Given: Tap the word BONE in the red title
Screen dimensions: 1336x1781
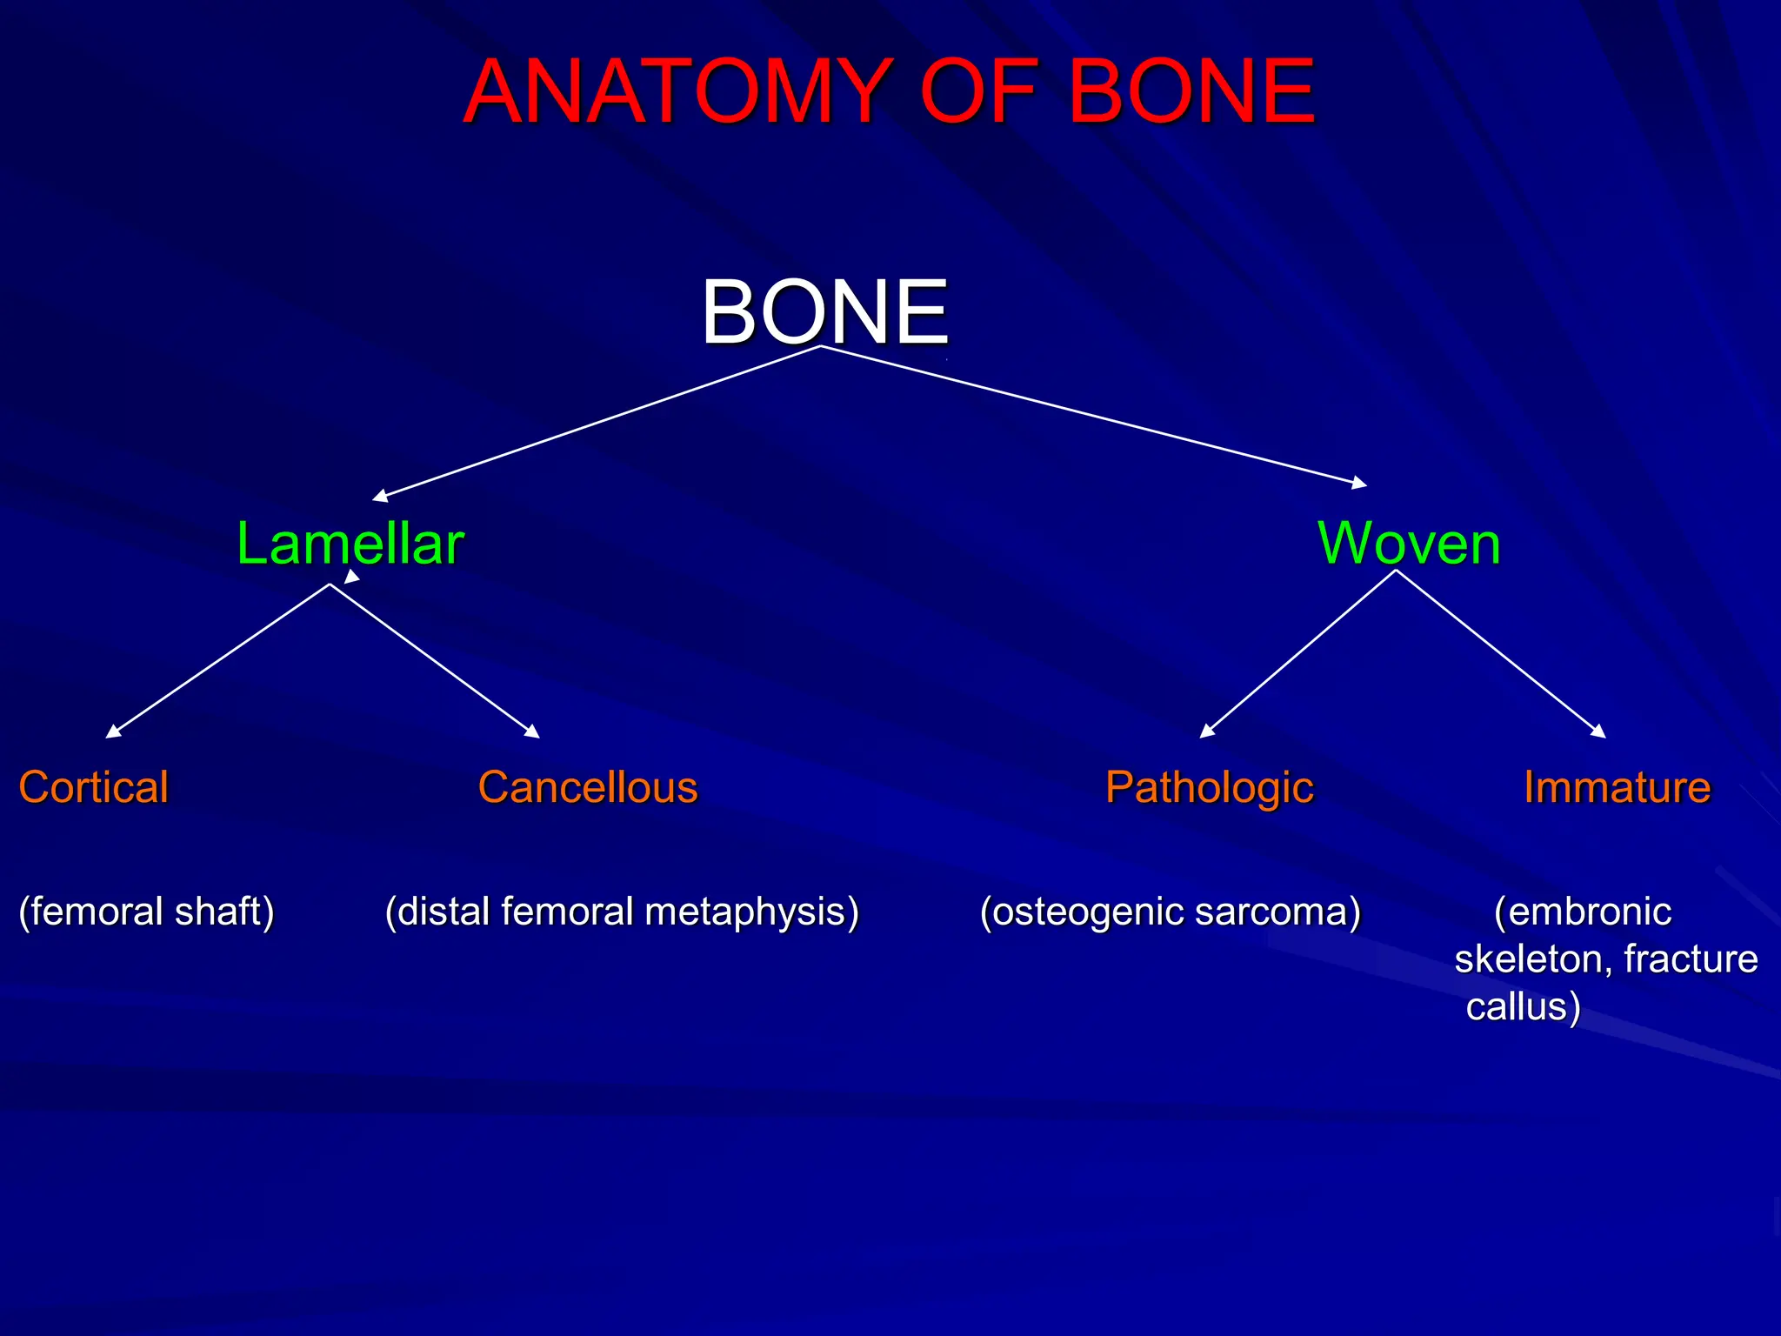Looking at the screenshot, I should (x=1191, y=91).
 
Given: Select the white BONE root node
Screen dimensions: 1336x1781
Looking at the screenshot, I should (x=824, y=311).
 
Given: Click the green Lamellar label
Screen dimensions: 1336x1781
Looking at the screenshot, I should (x=350, y=544).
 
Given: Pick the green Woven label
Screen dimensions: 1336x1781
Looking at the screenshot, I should (x=1409, y=544).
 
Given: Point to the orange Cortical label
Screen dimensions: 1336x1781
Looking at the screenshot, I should (x=94, y=787).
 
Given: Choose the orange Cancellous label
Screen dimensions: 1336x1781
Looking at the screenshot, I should (x=588, y=787).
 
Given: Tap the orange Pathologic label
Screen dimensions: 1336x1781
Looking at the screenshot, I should (x=1209, y=788).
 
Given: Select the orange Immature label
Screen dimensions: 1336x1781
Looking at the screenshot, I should (x=1617, y=787).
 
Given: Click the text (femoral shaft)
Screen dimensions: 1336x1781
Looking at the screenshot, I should (x=146, y=912).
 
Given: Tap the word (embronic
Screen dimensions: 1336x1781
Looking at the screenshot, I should (x=1583, y=912).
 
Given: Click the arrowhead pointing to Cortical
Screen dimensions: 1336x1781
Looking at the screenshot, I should (x=113, y=731).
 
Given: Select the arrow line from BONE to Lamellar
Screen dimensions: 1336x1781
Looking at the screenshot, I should (x=600, y=423).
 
